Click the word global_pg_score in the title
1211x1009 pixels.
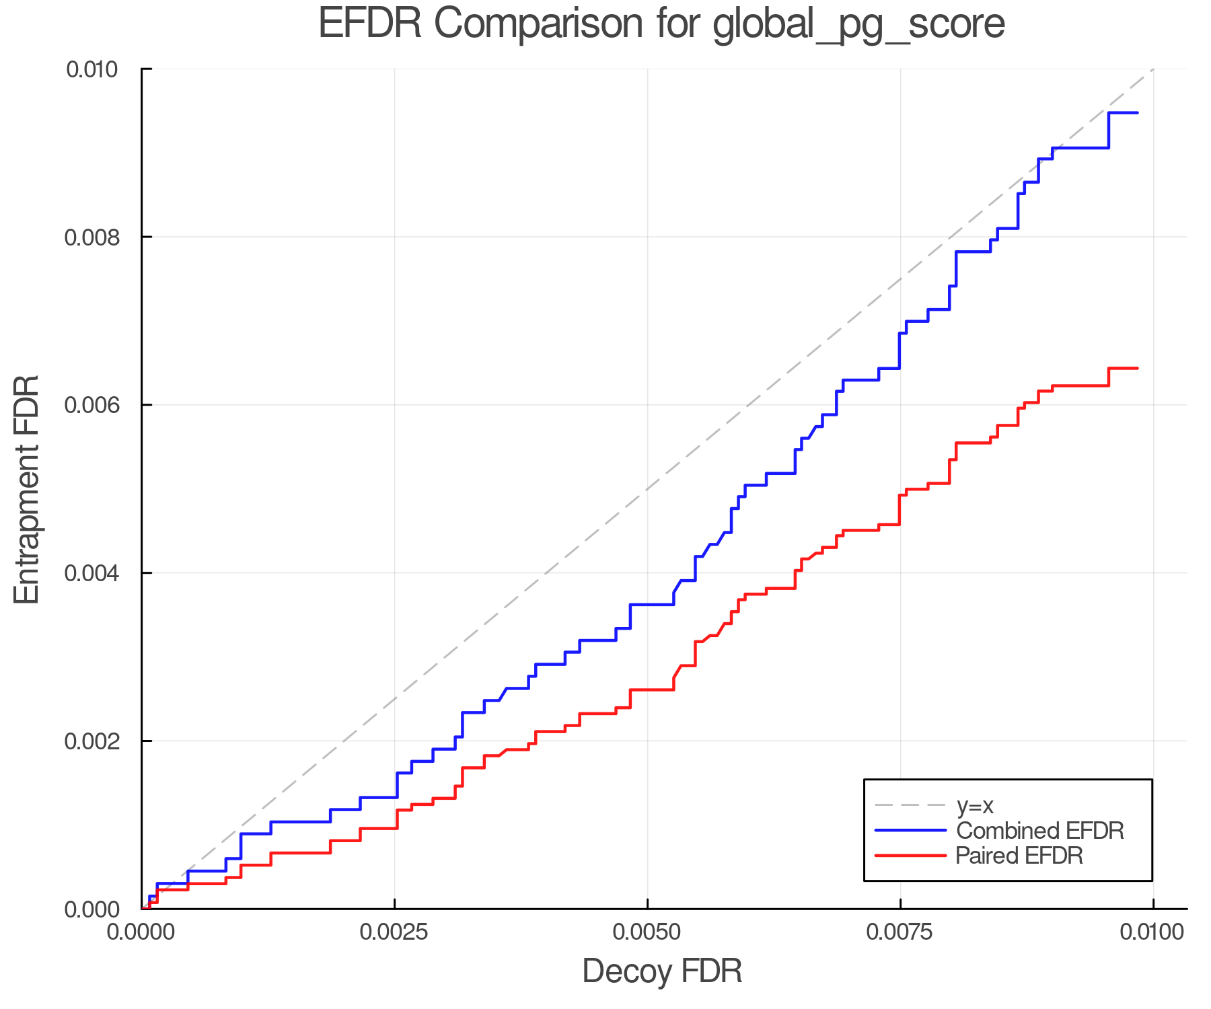point(858,25)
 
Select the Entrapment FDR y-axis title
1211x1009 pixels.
point(28,489)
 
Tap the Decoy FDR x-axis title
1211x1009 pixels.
point(662,971)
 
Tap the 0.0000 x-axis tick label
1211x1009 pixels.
point(141,932)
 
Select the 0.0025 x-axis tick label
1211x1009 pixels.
point(394,932)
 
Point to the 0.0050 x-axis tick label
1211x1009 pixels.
point(647,932)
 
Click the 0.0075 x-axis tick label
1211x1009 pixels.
point(900,932)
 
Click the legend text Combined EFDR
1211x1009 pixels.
point(1040,831)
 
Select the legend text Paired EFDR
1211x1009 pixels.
point(1020,856)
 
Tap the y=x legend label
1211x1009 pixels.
point(975,805)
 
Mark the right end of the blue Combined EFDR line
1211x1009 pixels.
point(1137,113)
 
